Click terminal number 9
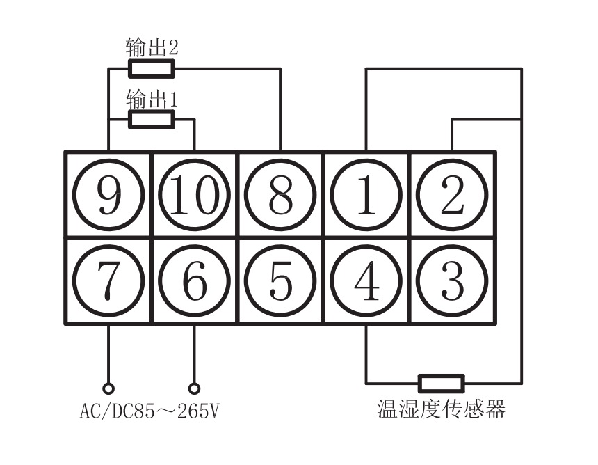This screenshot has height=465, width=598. (x=108, y=196)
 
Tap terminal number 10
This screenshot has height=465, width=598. (x=194, y=196)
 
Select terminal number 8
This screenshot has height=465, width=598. (x=280, y=196)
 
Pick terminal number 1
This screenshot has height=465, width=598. (x=366, y=196)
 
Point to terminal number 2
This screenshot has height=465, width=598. (x=452, y=196)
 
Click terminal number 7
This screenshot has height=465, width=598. (x=108, y=281)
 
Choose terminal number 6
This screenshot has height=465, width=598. (x=194, y=281)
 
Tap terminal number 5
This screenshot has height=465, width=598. (x=280, y=281)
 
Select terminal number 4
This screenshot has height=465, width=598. (x=366, y=281)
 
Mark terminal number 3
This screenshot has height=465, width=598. (x=452, y=281)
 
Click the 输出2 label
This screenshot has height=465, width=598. (x=152, y=47)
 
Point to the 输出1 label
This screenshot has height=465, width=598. (x=152, y=98)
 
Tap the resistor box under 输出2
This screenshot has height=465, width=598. (x=151, y=68)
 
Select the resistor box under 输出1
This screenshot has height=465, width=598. (x=151, y=119)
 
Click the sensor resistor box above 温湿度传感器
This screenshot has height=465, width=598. (x=441, y=384)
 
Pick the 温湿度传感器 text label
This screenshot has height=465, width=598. (x=441, y=409)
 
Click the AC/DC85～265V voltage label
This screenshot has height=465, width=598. (x=149, y=411)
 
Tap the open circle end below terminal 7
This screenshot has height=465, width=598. (x=108, y=388)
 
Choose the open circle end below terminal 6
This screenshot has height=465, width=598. (x=194, y=388)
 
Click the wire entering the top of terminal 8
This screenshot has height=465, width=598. (x=280, y=111)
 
